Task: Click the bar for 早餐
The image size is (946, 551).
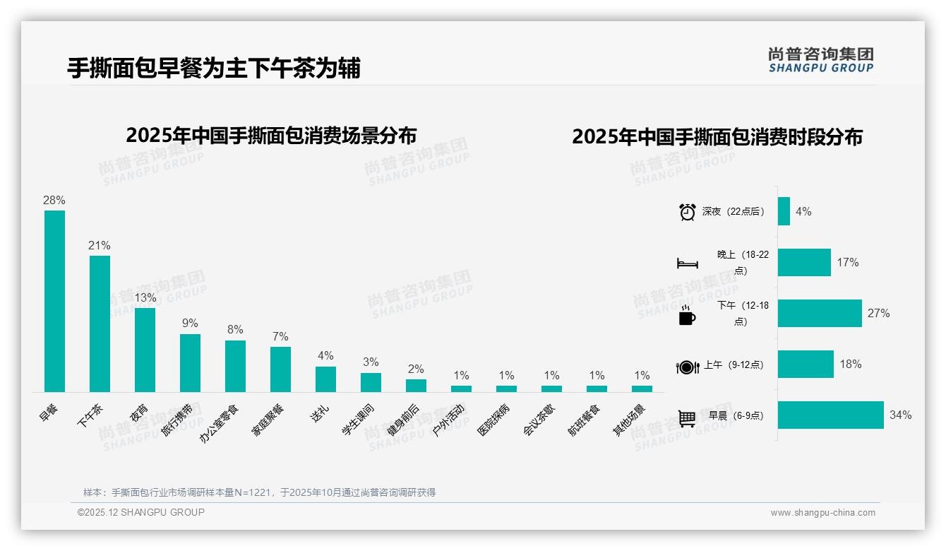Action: tap(54, 301)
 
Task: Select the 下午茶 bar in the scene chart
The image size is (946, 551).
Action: tap(100, 324)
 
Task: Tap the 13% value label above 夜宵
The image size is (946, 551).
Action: tap(145, 297)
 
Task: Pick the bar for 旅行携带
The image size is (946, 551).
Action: tap(190, 362)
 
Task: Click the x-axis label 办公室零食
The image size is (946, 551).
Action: tap(220, 423)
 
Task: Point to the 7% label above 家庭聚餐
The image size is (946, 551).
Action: tap(280, 336)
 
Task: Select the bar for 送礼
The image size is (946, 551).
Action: tap(325, 379)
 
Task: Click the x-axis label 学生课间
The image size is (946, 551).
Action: tap(358, 420)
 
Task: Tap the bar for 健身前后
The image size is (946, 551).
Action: tap(416, 385)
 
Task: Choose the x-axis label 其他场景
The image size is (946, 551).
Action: tap(629, 420)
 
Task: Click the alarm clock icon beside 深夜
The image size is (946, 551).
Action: tap(687, 211)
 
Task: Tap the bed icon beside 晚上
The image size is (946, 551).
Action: tap(687, 263)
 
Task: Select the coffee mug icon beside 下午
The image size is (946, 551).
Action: tap(687, 314)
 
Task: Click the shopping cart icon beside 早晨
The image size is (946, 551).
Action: tap(687, 417)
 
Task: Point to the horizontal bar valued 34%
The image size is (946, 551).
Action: tap(830, 415)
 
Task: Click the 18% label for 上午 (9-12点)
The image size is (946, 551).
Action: tap(851, 364)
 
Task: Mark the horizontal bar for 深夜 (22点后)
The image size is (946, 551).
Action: tap(784, 211)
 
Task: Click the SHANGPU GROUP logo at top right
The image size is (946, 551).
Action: tap(820, 59)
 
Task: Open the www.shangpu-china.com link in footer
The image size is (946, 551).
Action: tap(822, 513)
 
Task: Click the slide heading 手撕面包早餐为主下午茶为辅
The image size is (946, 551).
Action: tap(214, 69)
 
